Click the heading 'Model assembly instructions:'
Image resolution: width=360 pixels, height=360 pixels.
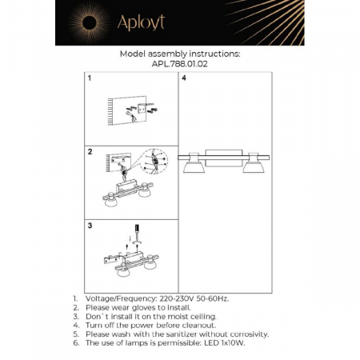pos(178,53)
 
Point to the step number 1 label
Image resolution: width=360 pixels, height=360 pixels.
pos(90,80)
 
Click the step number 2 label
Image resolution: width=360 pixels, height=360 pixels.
pos(90,151)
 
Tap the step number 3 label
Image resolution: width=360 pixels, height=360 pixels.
pos(90,226)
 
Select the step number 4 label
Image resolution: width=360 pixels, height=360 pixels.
pos(184,80)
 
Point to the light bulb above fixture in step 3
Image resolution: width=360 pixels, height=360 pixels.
pos(135,231)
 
